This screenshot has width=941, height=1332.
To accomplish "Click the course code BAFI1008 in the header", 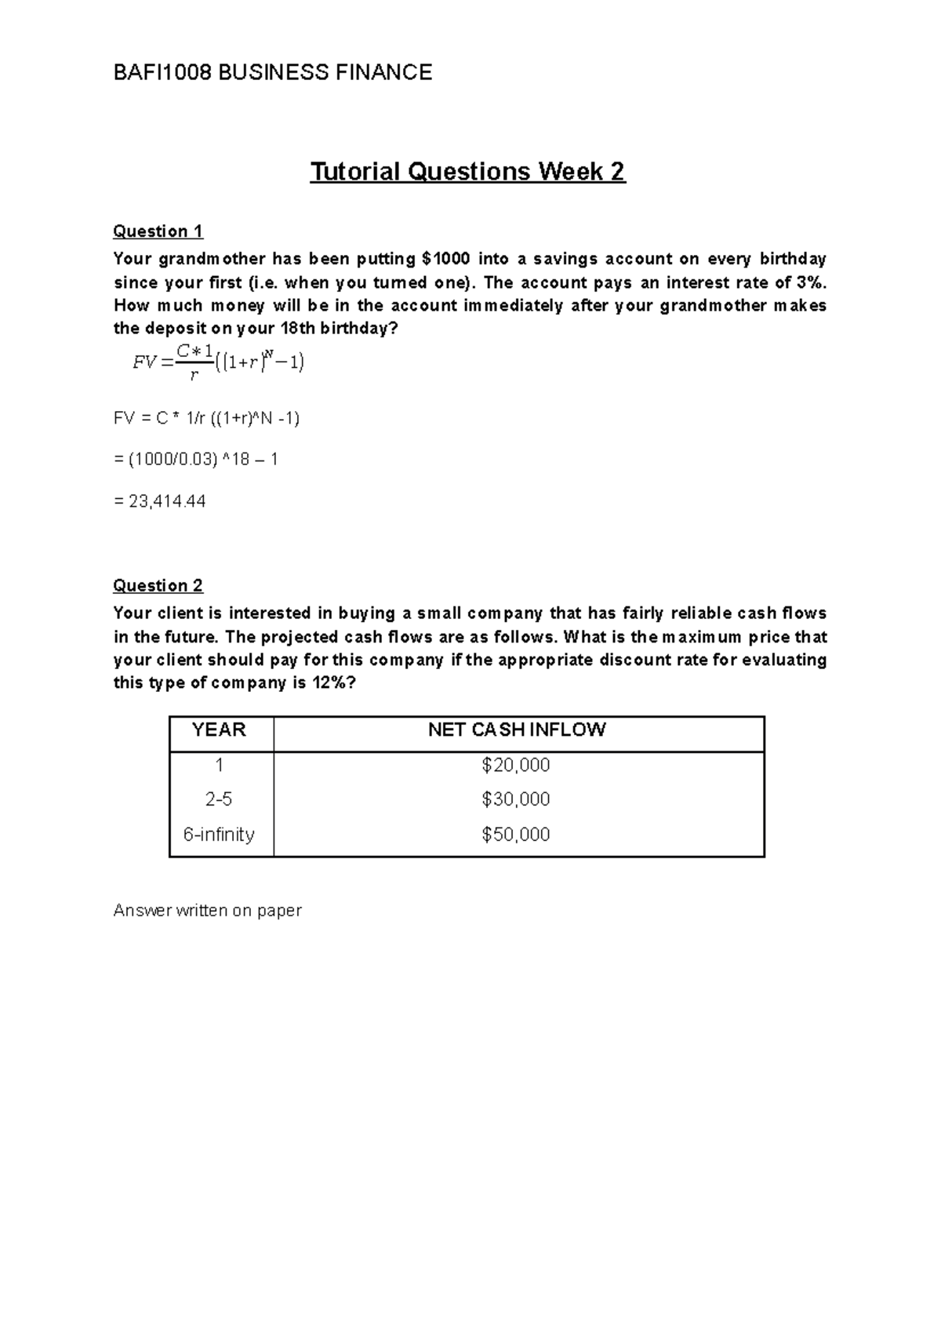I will click(162, 73).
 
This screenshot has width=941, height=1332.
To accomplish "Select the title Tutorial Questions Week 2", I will click(467, 171).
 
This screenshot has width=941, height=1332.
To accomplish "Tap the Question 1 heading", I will click(158, 231).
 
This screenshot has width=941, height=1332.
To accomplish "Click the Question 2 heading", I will click(158, 586).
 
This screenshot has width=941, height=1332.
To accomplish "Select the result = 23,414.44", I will click(160, 501).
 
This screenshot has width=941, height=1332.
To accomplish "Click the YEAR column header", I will click(219, 730).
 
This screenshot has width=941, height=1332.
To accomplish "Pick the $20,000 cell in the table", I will click(516, 765).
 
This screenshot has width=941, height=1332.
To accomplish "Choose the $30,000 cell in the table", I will click(516, 799).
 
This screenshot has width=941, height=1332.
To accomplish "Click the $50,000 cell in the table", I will click(516, 834).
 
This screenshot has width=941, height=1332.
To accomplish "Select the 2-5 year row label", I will click(219, 799).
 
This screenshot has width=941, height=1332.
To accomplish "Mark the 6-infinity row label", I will click(219, 834).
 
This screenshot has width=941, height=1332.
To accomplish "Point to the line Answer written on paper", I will click(207, 911).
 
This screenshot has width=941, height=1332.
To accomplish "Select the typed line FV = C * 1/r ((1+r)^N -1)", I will click(207, 418).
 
